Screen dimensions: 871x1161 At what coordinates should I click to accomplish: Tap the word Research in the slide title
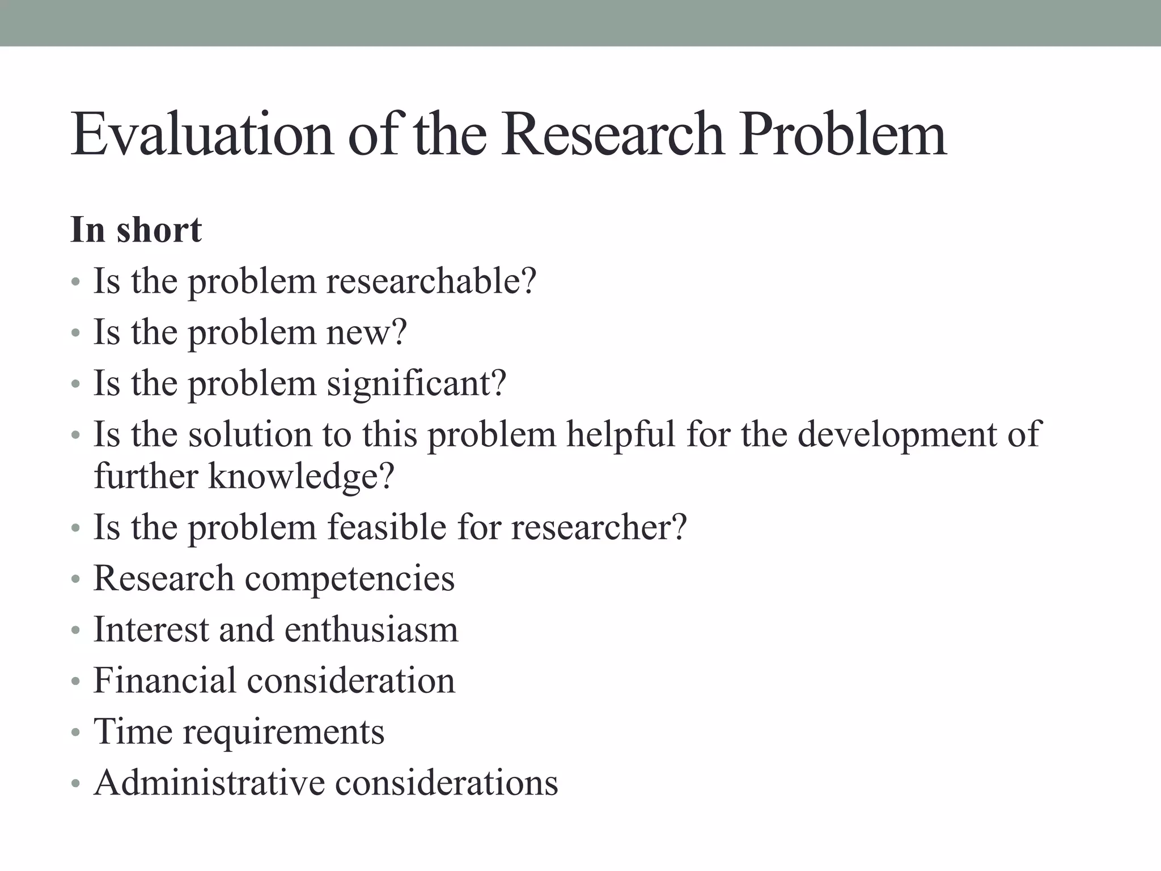(x=612, y=134)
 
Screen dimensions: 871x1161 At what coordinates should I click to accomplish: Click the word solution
(x=250, y=434)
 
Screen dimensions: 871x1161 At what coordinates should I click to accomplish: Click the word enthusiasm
(x=371, y=629)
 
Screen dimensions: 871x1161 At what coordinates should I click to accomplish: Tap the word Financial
(x=164, y=680)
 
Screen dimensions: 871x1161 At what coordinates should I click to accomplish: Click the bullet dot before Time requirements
(x=76, y=733)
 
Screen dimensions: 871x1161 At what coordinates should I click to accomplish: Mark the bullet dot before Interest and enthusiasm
(x=76, y=631)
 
